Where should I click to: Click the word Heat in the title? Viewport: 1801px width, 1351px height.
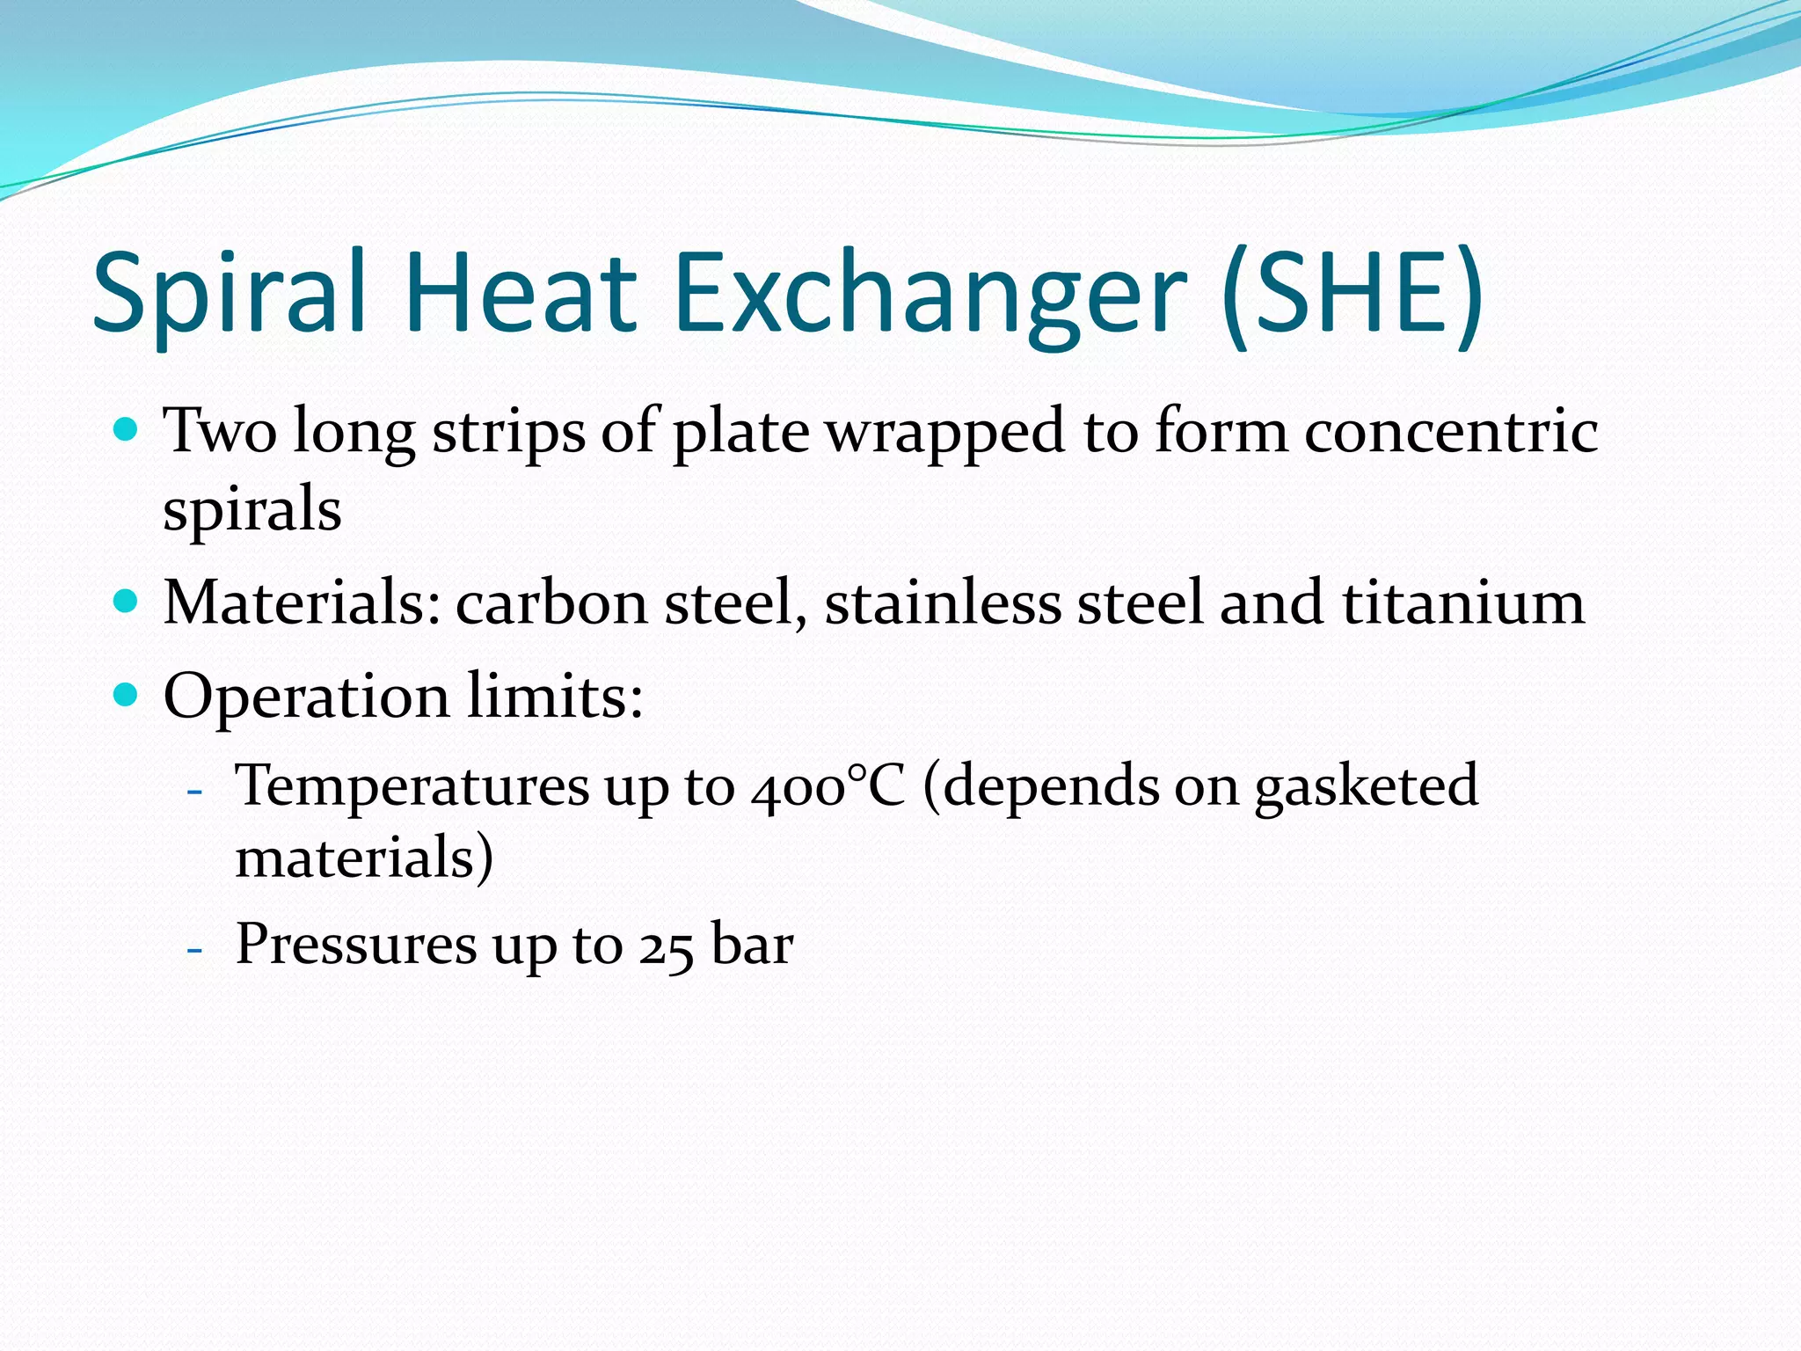(520, 292)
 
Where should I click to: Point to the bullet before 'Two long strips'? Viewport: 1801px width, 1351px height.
(128, 430)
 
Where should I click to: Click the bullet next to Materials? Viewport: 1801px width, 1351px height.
(128, 602)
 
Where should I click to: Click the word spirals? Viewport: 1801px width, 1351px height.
(252, 510)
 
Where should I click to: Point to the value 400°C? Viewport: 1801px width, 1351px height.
(828, 785)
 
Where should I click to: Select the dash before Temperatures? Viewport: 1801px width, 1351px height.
(195, 789)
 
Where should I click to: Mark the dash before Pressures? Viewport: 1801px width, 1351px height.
(195, 948)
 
